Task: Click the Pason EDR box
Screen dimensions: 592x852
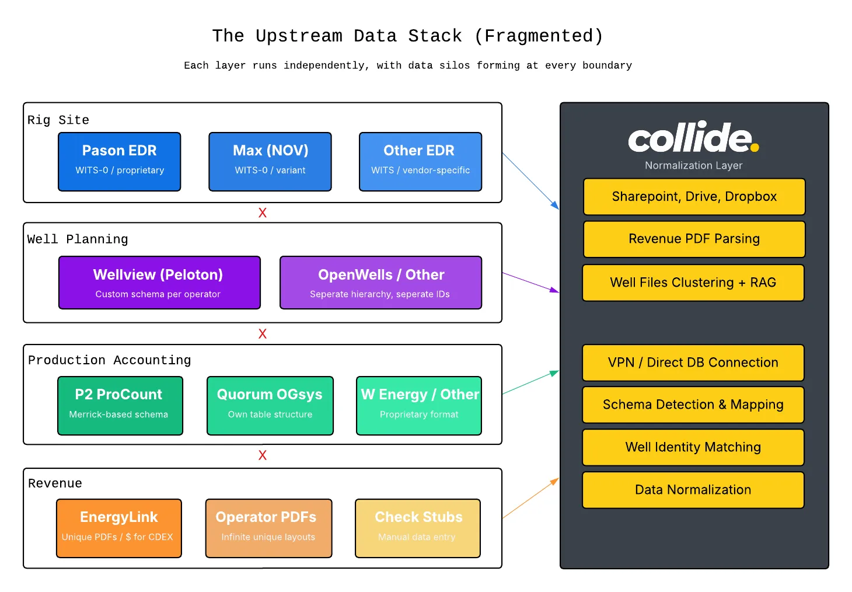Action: pyautogui.click(x=120, y=162)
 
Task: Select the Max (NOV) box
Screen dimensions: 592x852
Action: pyautogui.click(x=270, y=162)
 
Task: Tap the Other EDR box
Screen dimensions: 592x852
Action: pyautogui.click(x=420, y=162)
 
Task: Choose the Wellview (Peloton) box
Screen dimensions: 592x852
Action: pyautogui.click(x=159, y=283)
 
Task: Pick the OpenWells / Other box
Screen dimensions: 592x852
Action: pyautogui.click(x=380, y=283)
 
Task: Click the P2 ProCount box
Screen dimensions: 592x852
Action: pyautogui.click(x=120, y=406)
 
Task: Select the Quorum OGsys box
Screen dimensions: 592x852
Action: pyautogui.click(x=270, y=406)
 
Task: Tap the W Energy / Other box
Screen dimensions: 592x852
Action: pyautogui.click(x=419, y=406)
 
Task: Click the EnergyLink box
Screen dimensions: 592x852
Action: pyautogui.click(x=119, y=528)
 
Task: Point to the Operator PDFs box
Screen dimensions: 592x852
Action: pyautogui.click(x=268, y=528)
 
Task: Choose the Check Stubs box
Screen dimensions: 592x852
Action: pyautogui.click(x=418, y=528)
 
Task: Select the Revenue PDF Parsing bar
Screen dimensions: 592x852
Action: pyautogui.click(x=694, y=239)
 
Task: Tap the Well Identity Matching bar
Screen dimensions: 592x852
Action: pyautogui.click(x=693, y=447)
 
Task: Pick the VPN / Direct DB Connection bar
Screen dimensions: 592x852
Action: pyautogui.click(x=693, y=363)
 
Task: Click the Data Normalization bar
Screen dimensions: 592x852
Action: pyautogui.click(x=693, y=490)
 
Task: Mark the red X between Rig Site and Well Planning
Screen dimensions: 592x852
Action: pyautogui.click(x=263, y=213)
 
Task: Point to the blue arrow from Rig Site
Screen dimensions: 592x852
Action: pyautogui.click(x=530, y=181)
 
